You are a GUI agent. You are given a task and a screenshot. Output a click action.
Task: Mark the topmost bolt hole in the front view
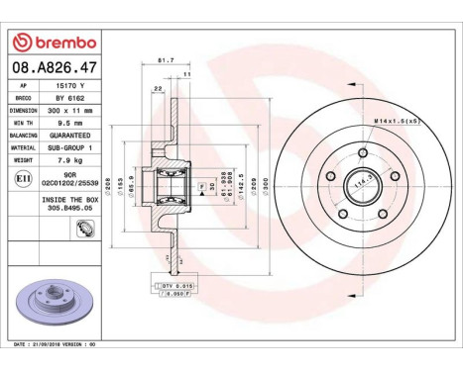click(359, 153)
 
